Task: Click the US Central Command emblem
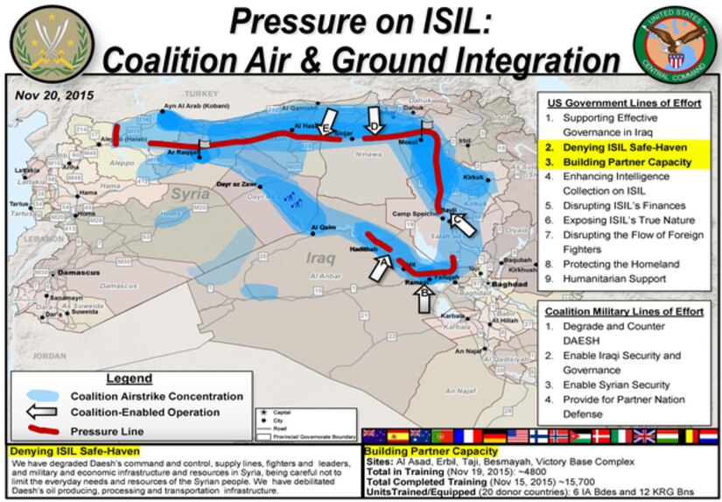[x=675, y=39]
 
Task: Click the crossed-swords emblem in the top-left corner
[x=44, y=40]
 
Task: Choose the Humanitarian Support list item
[x=614, y=279]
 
